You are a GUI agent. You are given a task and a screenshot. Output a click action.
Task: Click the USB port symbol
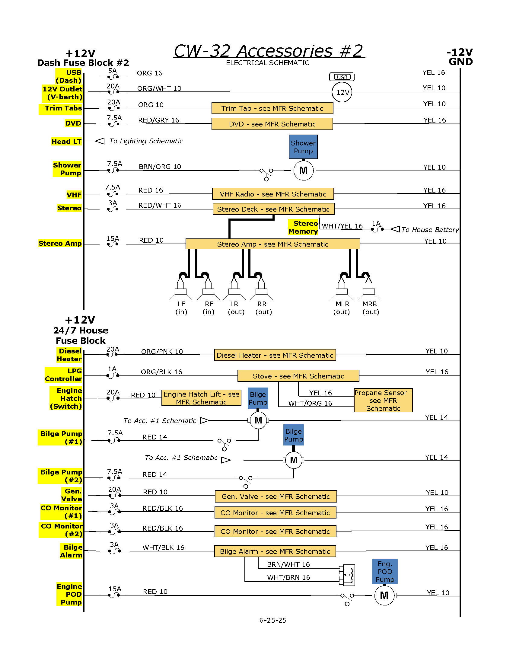pos(342,77)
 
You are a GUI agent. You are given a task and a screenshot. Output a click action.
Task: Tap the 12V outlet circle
pos(342,92)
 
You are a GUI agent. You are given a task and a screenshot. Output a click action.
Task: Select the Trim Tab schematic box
pos(272,108)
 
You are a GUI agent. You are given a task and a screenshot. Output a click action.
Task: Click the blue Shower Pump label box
pos(303,147)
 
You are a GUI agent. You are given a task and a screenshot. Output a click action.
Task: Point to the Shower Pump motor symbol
pos(303,171)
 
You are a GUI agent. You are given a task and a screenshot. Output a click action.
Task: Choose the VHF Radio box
pos(273,194)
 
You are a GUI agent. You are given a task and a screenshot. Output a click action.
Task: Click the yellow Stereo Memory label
pos(303,227)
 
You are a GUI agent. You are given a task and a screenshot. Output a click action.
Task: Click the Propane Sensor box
pos(383,400)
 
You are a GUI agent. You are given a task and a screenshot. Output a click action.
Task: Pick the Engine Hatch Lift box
pos(201,398)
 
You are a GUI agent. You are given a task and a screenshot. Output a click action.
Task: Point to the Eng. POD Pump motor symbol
pos(384,595)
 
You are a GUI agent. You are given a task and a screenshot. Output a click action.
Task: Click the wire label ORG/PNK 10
pos(162,351)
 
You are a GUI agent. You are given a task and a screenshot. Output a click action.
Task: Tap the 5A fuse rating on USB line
pos(113,71)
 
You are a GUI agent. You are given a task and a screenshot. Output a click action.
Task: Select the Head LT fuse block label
pos(67,141)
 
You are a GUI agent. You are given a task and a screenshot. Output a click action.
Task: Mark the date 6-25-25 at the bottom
pos(273,620)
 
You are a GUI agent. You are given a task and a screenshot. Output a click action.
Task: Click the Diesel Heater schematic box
pos(275,355)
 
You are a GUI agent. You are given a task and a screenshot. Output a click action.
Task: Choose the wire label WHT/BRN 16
pos(288,577)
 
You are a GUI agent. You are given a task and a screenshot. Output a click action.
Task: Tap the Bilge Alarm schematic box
pos(275,551)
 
